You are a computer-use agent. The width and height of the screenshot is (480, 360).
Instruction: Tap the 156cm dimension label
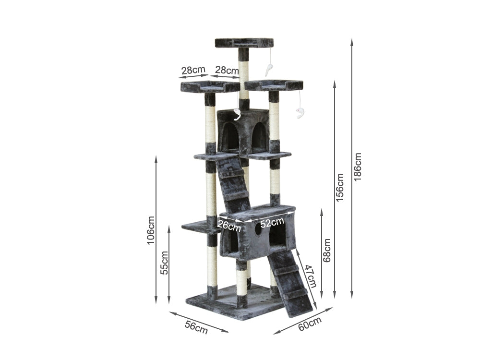click(339, 188)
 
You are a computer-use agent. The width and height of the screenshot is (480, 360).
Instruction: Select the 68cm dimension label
click(327, 250)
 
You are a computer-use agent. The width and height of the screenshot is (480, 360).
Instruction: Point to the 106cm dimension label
click(151, 230)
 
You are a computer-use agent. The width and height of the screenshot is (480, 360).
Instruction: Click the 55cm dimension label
click(164, 263)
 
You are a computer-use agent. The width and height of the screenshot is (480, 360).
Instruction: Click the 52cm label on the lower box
click(272, 222)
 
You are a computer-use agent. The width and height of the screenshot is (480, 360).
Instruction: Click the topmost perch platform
click(244, 43)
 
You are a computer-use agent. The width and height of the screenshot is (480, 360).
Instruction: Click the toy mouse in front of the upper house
click(237, 115)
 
